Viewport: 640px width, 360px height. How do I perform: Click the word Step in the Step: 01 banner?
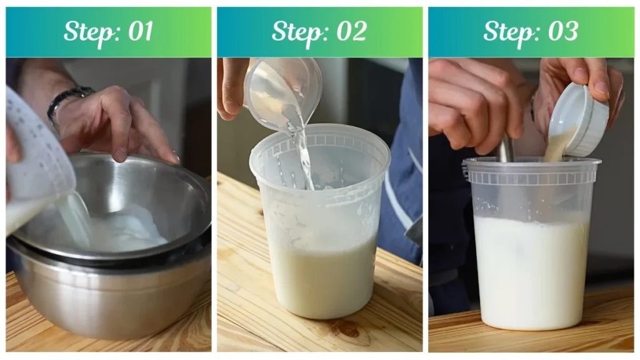point(87,32)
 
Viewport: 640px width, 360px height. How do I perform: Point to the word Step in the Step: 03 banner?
point(509,32)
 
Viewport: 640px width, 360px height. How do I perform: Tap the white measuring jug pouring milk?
point(37,162)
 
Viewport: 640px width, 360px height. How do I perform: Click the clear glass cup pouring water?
point(281,91)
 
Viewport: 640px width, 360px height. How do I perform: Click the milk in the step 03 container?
point(531,269)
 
